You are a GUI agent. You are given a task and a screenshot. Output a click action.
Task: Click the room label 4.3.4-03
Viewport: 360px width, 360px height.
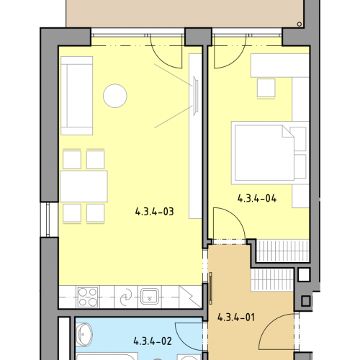[154, 212]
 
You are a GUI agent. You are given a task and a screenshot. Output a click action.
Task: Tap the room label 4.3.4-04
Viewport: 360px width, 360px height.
[257, 199]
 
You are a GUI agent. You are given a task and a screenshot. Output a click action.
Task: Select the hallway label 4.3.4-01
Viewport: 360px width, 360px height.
[236, 318]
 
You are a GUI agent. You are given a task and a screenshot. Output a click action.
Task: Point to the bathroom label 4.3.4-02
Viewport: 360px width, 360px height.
[153, 341]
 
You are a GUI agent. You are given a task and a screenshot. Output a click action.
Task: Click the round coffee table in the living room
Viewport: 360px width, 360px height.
[115, 96]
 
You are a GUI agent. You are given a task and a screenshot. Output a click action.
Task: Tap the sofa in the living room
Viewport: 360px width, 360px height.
[77, 96]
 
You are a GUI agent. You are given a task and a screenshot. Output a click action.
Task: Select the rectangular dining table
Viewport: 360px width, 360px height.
[84, 186]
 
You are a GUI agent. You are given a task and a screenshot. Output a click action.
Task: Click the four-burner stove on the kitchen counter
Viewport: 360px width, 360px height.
[87, 297]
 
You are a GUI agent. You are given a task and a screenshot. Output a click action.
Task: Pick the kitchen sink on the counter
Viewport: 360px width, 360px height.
[150, 296]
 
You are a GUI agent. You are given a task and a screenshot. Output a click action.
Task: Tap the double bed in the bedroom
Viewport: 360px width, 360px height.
[270, 153]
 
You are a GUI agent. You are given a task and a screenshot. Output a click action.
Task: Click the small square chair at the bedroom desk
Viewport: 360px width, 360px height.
[266, 89]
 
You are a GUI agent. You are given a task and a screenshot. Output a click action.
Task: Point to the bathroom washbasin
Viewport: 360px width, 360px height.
[84, 335]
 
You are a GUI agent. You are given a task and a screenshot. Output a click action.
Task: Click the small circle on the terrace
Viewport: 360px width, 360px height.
[300, 24]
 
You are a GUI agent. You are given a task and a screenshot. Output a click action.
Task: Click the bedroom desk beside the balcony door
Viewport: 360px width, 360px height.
[280, 66]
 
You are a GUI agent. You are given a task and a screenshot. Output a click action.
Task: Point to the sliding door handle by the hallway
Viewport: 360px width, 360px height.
[211, 288]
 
